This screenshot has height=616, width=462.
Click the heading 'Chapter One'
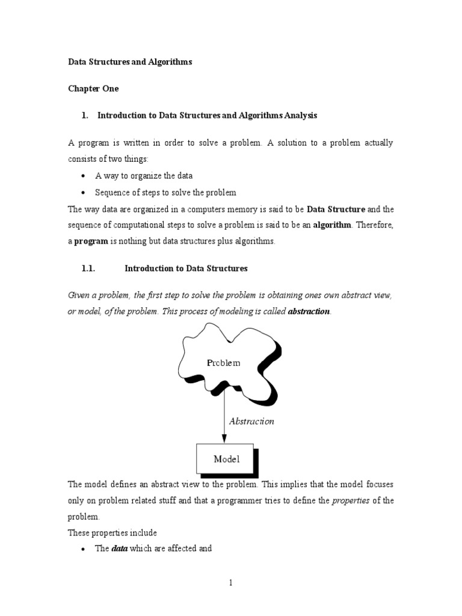93,88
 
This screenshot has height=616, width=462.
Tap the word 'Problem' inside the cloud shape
223,363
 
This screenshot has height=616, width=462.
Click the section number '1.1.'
88,268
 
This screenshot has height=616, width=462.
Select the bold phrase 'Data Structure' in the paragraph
336,209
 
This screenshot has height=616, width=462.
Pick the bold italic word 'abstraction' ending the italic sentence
309,312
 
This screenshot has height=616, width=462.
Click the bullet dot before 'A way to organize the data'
82,176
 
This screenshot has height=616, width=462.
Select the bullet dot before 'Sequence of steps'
82,193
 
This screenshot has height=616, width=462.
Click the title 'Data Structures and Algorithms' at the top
130,62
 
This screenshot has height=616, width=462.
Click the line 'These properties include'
112,532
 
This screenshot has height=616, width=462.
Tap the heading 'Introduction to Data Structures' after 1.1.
186,268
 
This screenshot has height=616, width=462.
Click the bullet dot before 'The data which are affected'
82,549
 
